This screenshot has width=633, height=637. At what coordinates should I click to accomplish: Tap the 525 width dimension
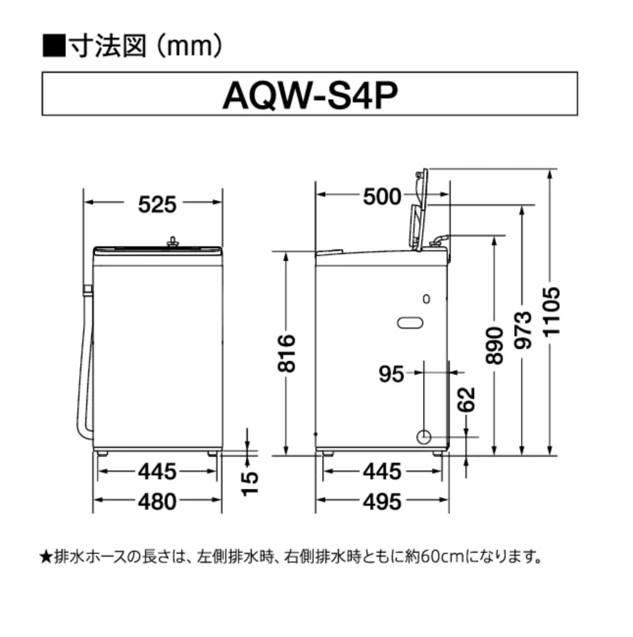156,204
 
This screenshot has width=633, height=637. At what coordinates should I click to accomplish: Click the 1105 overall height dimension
551,311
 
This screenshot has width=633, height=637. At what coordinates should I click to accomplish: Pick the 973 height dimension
523,330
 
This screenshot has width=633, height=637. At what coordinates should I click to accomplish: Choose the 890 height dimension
494,345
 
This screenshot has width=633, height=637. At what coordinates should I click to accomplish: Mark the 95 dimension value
391,374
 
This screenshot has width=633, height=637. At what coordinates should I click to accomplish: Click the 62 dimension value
467,399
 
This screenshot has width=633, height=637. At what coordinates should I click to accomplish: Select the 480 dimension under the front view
156,501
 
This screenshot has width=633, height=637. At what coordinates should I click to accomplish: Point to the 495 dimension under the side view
382,501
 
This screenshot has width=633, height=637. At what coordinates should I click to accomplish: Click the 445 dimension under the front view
156,472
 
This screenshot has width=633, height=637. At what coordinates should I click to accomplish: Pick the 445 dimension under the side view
382,472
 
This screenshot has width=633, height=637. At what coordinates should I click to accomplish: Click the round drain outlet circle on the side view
424,437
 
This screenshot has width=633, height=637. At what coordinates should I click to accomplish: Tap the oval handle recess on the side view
410,322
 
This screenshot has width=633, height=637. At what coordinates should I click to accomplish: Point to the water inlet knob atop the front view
172,241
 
